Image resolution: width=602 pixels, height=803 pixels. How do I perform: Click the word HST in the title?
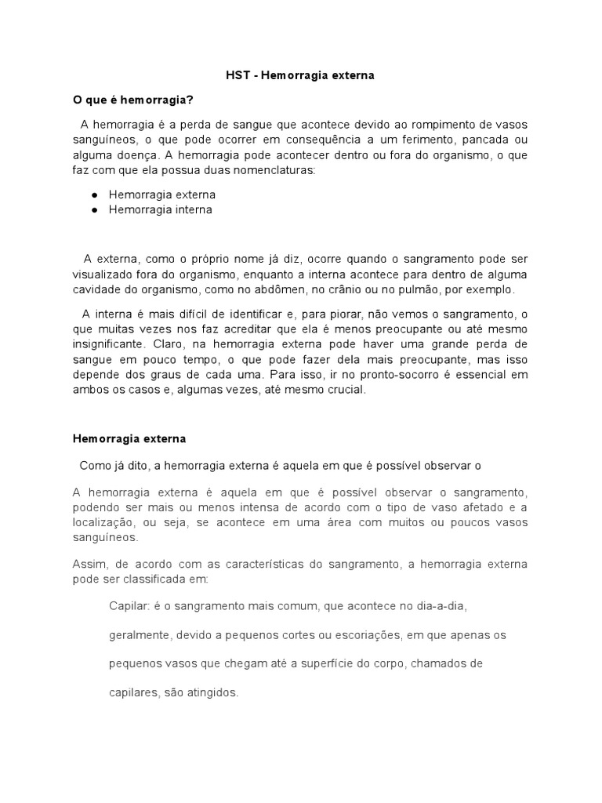[227, 76]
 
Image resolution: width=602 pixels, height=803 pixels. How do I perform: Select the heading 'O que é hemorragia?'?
[133, 100]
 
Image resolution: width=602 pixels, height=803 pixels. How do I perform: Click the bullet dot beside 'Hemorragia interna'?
[94, 210]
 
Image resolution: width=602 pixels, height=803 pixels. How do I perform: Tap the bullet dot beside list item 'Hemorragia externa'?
[94, 194]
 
